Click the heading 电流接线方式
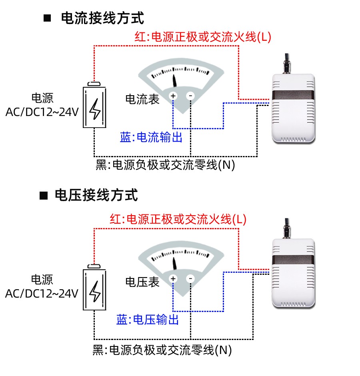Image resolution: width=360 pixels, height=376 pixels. (x=102, y=18)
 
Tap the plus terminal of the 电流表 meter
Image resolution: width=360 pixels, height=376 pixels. (x=173, y=96)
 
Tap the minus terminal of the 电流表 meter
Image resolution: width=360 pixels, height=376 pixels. (x=191, y=96)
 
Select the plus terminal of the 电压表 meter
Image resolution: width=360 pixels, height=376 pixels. (x=173, y=278)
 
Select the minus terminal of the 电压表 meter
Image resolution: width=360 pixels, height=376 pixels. (x=191, y=278)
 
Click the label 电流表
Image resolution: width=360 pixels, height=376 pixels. (x=142, y=99)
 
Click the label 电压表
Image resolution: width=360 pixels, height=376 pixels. (x=142, y=282)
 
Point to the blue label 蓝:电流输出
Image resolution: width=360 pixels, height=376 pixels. (x=151, y=138)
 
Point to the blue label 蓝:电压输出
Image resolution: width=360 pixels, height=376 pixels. (x=148, y=320)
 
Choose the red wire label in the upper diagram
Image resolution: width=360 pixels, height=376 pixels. (x=203, y=37)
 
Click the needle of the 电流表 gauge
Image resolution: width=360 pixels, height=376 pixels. (x=175, y=80)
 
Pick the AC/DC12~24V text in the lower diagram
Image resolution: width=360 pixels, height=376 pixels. (x=42, y=294)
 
